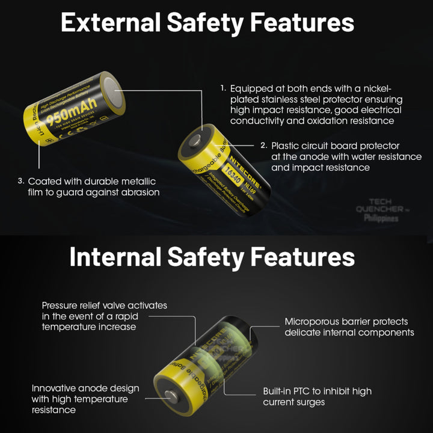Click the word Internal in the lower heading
(x=114, y=257)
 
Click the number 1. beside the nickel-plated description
(x=223, y=88)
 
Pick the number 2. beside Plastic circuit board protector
(x=263, y=146)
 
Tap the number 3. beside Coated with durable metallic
(x=20, y=181)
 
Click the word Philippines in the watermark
(x=381, y=218)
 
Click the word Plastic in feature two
(x=285, y=146)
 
